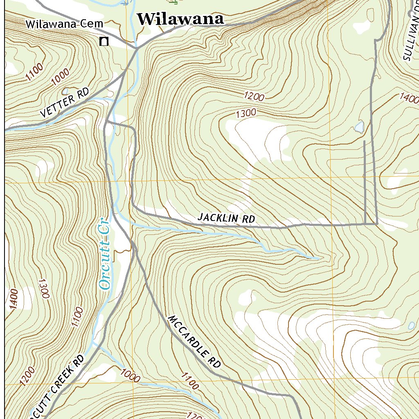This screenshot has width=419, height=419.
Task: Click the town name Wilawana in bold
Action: (180, 19)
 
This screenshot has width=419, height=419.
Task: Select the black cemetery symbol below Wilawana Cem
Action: (104, 41)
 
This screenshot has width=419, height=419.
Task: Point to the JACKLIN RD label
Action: (226, 218)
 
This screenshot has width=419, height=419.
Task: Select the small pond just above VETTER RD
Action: (65, 91)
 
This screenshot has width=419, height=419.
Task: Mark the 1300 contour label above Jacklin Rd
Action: (246, 113)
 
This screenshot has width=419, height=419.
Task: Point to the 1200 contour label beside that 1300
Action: (254, 97)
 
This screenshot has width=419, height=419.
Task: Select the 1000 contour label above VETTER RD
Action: (61, 77)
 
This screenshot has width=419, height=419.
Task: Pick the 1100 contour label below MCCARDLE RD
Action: (189, 381)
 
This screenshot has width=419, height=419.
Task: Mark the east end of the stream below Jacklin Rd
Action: (319, 258)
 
